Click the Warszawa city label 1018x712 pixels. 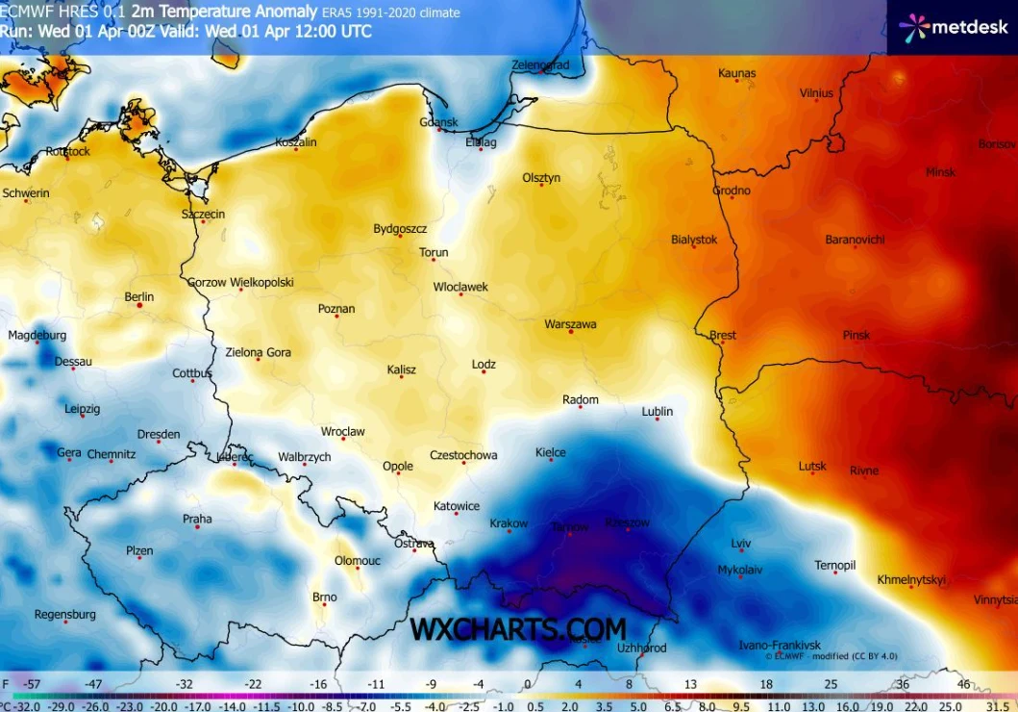click(x=570, y=324)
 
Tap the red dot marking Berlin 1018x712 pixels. click(x=139, y=306)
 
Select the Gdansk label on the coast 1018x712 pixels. click(x=438, y=122)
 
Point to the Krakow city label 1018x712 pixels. click(x=509, y=523)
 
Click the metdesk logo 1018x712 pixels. click(x=952, y=27)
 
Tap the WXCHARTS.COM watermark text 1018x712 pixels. click(x=518, y=629)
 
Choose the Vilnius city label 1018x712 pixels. click(x=816, y=93)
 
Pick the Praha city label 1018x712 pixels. click(x=197, y=519)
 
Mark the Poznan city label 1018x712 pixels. click(x=336, y=309)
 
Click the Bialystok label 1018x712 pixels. click(x=694, y=240)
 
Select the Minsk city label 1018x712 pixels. click(x=940, y=172)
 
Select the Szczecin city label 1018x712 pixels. click(x=203, y=214)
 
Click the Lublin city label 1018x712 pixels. click(x=658, y=411)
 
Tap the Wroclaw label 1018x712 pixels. click(x=342, y=432)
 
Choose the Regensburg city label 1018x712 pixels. click(x=64, y=614)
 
